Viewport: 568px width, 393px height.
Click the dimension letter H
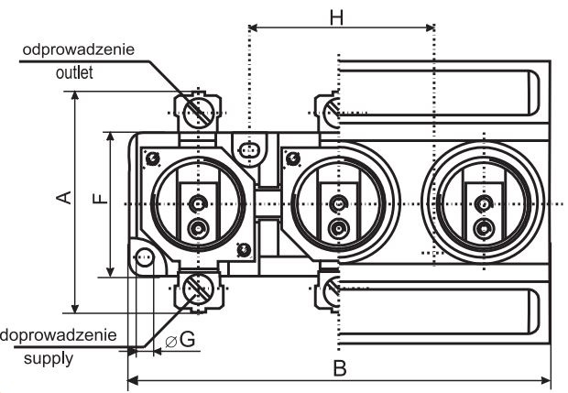click(x=336, y=17)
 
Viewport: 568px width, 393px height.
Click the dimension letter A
click(x=64, y=197)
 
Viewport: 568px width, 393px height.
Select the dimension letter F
click(x=101, y=199)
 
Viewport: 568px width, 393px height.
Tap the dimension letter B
click(x=340, y=368)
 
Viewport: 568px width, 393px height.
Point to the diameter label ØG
click(x=180, y=340)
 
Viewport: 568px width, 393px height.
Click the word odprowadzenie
click(x=79, y=49)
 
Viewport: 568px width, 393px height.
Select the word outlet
click(x=74, y=72)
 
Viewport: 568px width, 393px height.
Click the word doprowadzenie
click(x=59, y=335)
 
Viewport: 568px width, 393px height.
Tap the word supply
click(x=49, y=359)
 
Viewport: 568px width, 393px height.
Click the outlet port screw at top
click(x=197, y=113)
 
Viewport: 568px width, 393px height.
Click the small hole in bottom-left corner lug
click(x=145, y=257)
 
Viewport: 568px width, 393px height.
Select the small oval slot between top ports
click(x=248, y=149)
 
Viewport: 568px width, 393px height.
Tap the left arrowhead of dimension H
click(x=253, y=27)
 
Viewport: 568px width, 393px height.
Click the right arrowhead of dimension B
click(x=545, y=381)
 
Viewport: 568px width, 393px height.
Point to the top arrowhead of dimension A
click(x=74, y=95)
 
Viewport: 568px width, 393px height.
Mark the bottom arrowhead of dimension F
click(x=111, y=272)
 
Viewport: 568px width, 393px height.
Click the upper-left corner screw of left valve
click(x=152, y=158)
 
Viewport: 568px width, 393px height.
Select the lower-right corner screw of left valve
click(x=244, y=249)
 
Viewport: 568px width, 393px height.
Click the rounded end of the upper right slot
click(x=534, y=93)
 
